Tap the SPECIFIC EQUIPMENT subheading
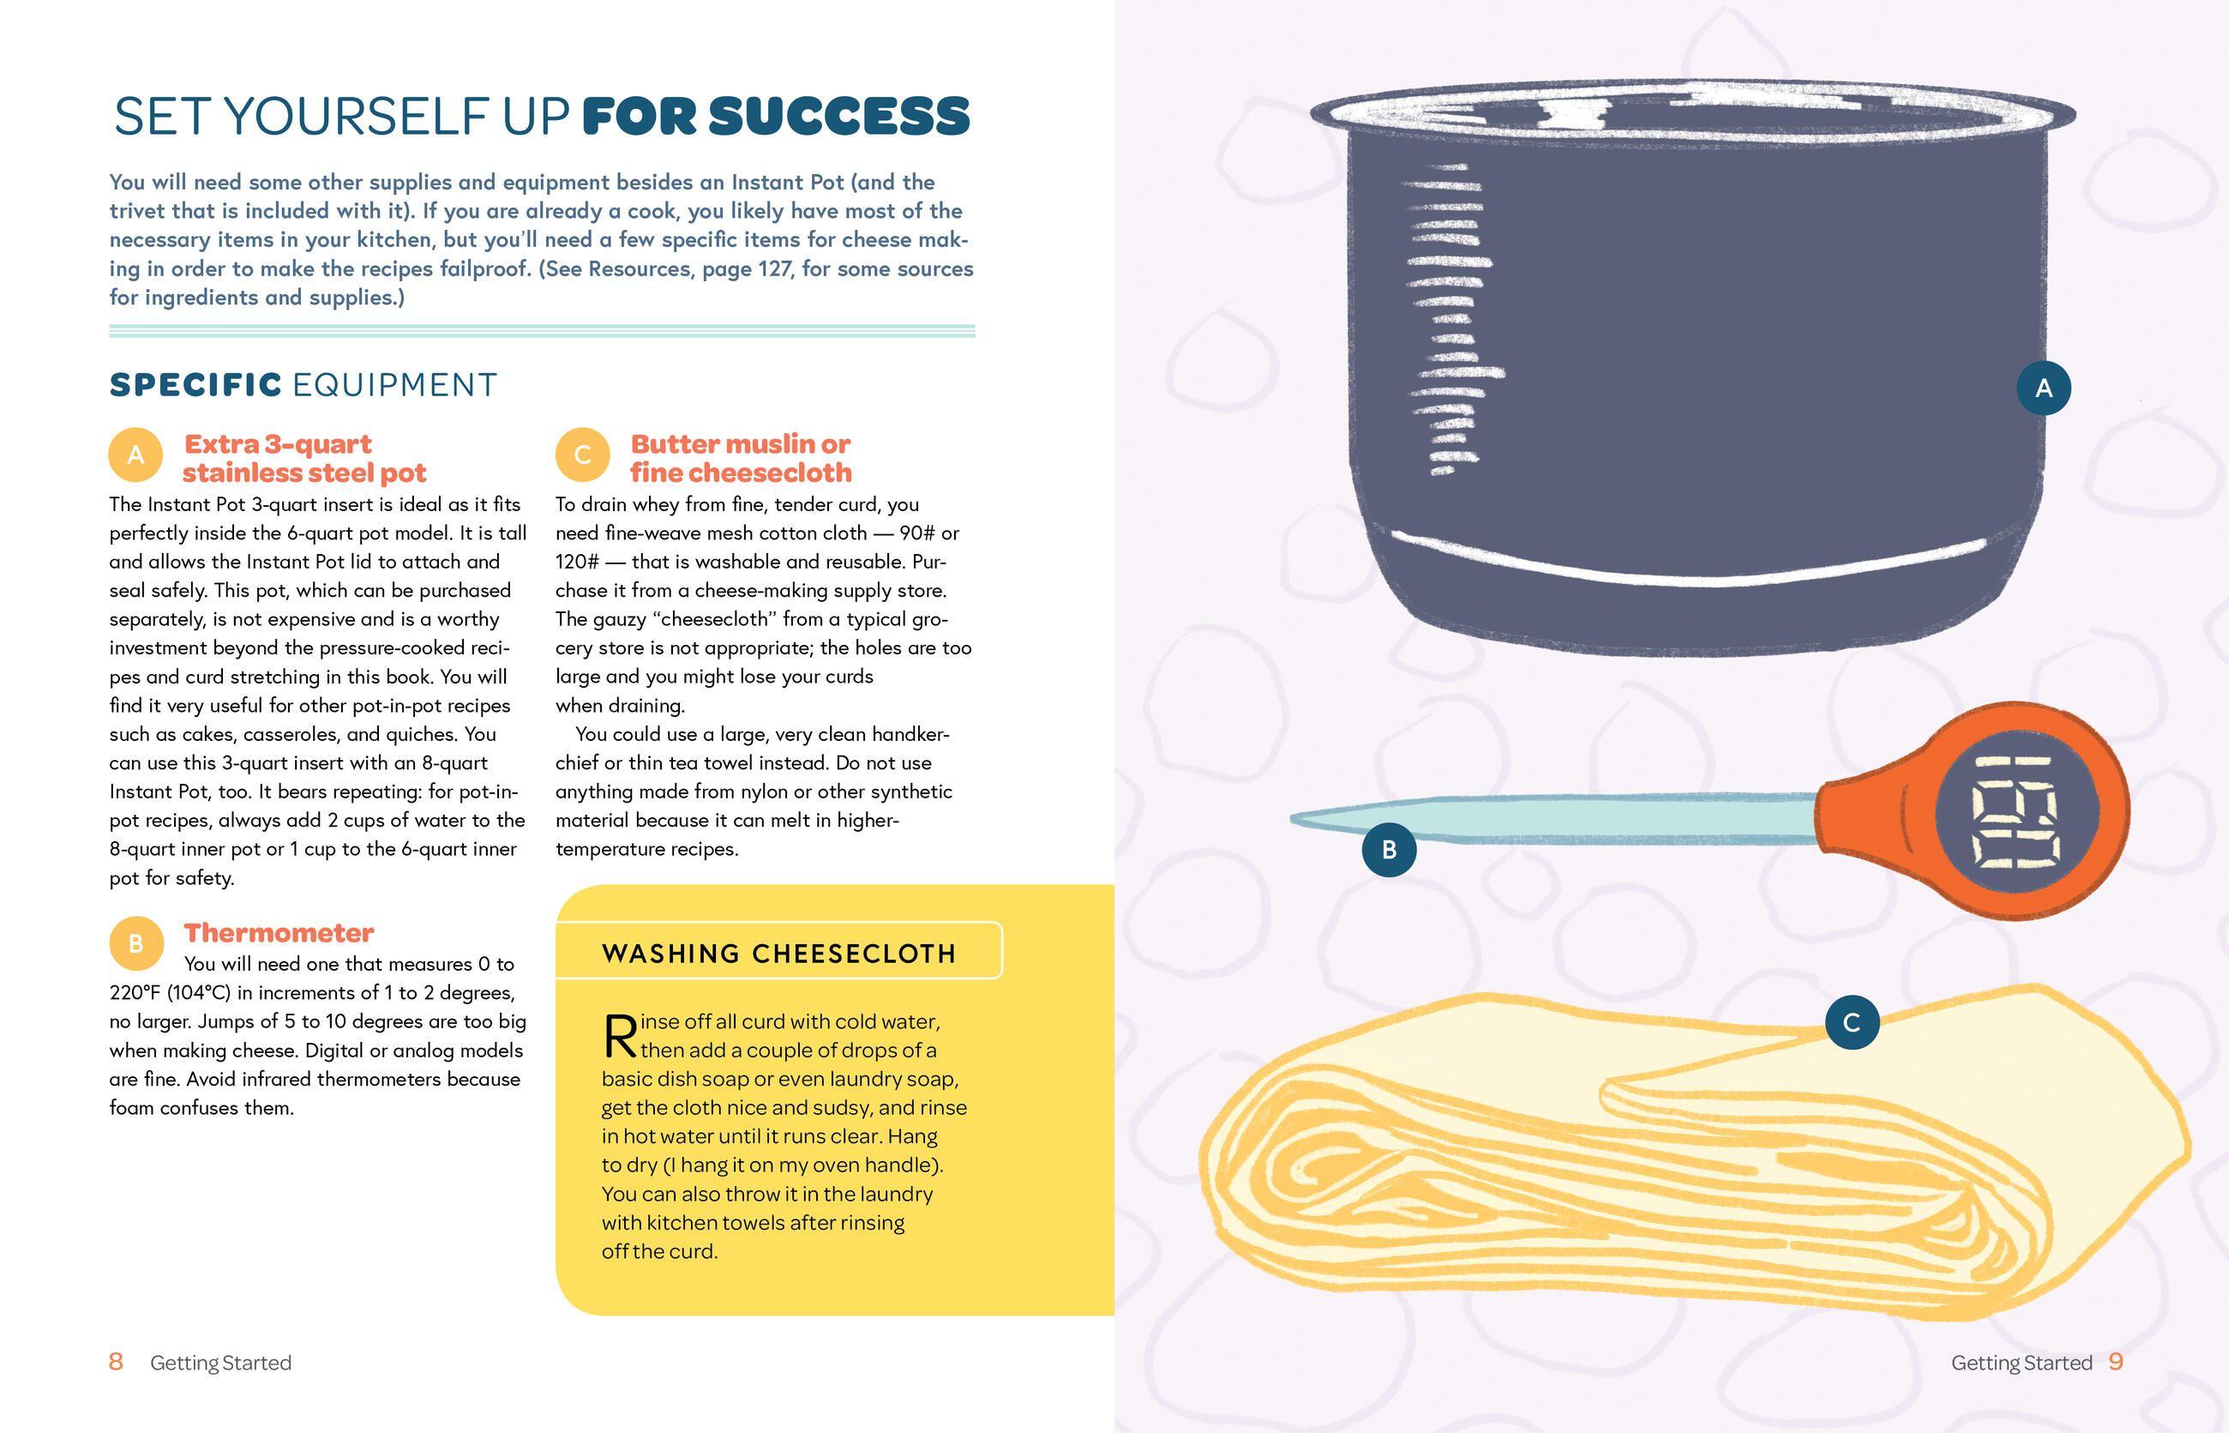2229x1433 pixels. (x=303, y=384)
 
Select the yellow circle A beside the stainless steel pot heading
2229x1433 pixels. (x=135, y=455)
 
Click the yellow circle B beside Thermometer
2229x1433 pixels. (x=135, y=943)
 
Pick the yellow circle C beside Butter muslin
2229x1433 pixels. (x=582, y=455)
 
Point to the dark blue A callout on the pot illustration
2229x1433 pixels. (x=2043, y=388)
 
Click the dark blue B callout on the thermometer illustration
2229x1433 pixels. (x=1389, y=850)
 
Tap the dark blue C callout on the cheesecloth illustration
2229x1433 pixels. (x=1851, y=1022)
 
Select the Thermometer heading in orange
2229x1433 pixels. (x=279, y=932)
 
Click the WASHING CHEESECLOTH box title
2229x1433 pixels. (x=779, y=954)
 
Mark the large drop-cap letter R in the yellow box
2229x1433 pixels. (x=621, y=1036)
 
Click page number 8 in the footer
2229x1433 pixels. (x=117, y=1363)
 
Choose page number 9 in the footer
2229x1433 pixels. (x=2117, y=1363)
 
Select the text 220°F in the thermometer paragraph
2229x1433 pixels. (x=135, y=993)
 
